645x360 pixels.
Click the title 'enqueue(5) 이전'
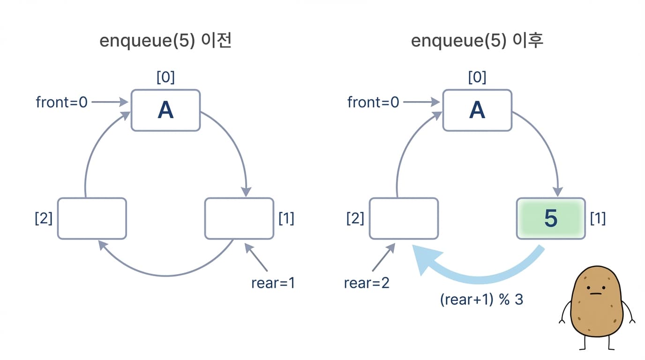click(165, 41)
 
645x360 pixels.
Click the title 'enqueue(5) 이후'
click(477, 41)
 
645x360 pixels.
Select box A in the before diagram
click(165, 110)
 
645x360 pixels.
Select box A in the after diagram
click(477, 110)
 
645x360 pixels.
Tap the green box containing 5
click(551, 218)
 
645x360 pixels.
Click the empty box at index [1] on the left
click(239, 218)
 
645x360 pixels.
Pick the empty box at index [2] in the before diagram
click(92, 218)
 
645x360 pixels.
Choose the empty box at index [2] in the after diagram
click(404, 218)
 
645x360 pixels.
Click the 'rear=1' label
click(273, 283)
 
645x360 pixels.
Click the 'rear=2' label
click(367, 283)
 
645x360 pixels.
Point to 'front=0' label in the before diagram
click(61, 102)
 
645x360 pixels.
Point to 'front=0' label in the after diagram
click(373, 102)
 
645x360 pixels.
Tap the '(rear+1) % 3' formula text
click(481, 299)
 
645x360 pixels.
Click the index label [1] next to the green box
click(598, 218)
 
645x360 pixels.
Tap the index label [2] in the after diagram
click(355, 218)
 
